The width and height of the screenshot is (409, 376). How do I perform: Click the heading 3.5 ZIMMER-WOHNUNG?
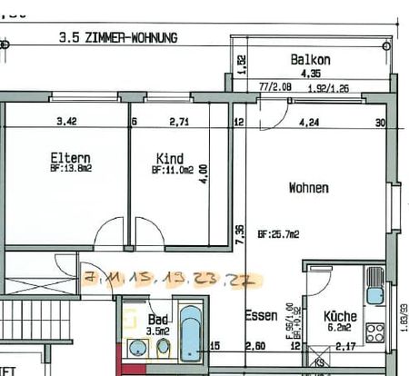117,38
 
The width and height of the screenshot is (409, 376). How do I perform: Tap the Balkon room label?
311,60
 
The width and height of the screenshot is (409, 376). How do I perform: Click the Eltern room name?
70,158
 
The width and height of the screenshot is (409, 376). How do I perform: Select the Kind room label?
170,158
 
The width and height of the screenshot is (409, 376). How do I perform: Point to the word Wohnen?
308,188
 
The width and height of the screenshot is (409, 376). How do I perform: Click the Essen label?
261,316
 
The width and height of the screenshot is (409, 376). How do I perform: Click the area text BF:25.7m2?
278,233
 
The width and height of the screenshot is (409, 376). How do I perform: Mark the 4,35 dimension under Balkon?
311,74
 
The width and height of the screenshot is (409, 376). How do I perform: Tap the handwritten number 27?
242,280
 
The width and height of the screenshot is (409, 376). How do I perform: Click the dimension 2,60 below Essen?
256,345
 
